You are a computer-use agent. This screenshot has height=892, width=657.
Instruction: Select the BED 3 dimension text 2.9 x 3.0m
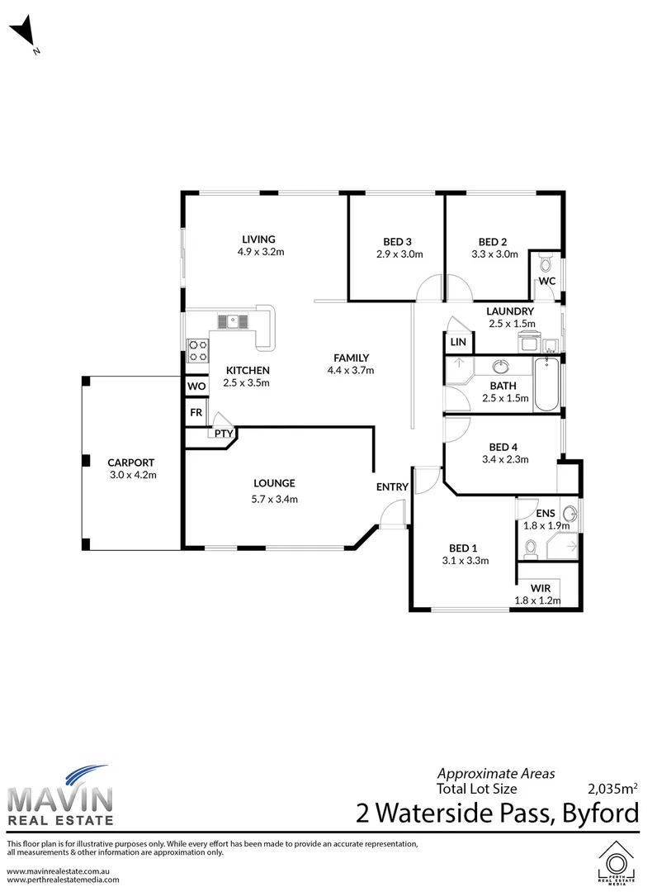[x=399, y=254]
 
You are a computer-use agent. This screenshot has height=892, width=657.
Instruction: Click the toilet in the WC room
[x=544, y=264]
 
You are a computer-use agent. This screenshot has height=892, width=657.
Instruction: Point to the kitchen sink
[x=234, y=320]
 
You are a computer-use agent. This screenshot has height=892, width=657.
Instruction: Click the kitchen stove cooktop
[x=198, y=350]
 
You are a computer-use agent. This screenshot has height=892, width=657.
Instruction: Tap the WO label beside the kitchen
[x=196, y=387]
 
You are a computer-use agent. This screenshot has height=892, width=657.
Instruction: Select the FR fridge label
[x=196, y=412]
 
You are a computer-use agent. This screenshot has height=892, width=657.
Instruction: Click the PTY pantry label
[x=223, y=433]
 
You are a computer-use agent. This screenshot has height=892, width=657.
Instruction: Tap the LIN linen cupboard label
[x=457, y=342]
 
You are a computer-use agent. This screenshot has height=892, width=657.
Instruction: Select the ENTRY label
[x=392, y=486]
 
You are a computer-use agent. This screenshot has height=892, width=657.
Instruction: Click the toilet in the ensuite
[x=532, y=546]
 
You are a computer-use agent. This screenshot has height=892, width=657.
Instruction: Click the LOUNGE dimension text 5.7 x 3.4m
[x=275, y=498]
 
